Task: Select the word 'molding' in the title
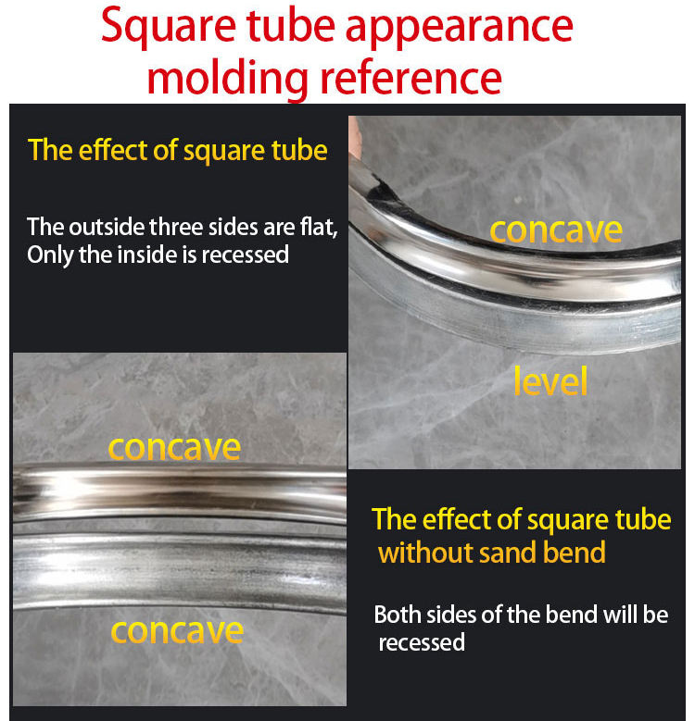(218, 78)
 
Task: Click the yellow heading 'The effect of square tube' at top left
(178, 150)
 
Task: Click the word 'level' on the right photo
(550, 381)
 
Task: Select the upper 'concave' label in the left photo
(174, 447)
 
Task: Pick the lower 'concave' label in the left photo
(177, 631)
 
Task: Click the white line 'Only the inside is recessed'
(158, 255)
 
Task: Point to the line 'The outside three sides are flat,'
(182, 227)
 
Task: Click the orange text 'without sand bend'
(492, 553)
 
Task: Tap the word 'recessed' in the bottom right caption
(422, 642)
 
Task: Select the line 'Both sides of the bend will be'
(521, 615)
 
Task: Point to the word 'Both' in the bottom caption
(396, 615)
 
